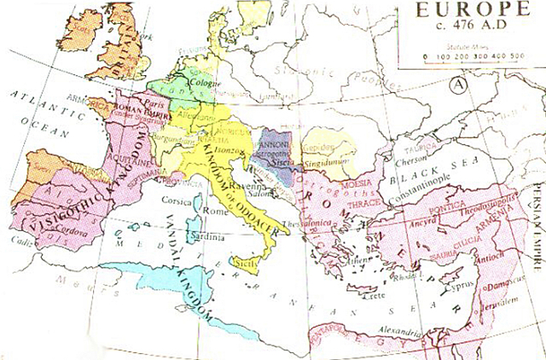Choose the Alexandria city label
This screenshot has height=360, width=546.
pyautogui.click(x=397, y=330)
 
